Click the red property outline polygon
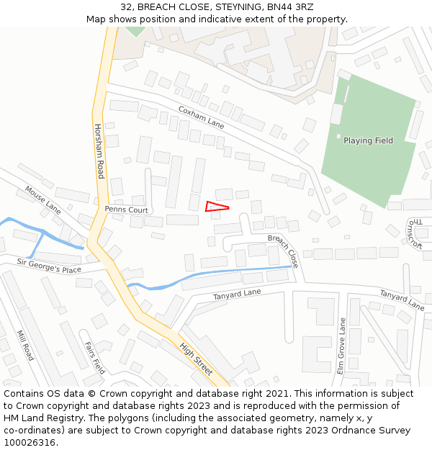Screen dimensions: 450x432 pyautogui.click(x=215, y=207)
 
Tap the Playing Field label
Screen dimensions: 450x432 pyautogui.click(x=368, y=140)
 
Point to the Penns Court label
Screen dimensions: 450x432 pyautogui.click(x=126, y=210)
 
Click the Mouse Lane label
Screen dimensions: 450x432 pyautogui.click(x=43, y=199)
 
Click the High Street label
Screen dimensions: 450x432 pyautogui.click(x=196, y=358)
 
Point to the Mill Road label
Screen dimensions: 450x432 pyautogui.click(x=25, y=346)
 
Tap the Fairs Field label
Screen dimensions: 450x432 pyautogui.click(x=95, y=358)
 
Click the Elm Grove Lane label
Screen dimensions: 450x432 pyautogui.click(x=342, y=346)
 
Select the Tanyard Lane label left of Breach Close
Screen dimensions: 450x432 pyautogui.click(x=237, y=294)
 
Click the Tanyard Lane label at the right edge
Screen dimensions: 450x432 pyautogui.click(x=402, y=300)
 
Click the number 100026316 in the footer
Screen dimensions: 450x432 pyautogui.click(x=30, y=442)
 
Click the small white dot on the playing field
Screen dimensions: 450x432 pyautogui.click(x=338, y=135)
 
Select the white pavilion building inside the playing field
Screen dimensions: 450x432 pyautogui.click(x=336, y=114)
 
